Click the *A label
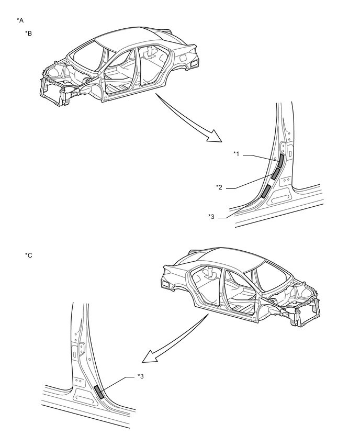pos(20,20)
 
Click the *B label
pos(29,34)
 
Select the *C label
pos(29,255)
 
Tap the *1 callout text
pos(237,153)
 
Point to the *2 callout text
pos(220,187)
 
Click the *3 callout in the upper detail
pos(212,216)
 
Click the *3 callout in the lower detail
pos(141,375)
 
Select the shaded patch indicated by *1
pos(280,161)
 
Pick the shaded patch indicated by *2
pos(276,174)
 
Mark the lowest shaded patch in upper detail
pos(266,191)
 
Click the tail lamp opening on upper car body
pos(194,63)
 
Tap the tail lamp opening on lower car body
pos(167,283)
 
